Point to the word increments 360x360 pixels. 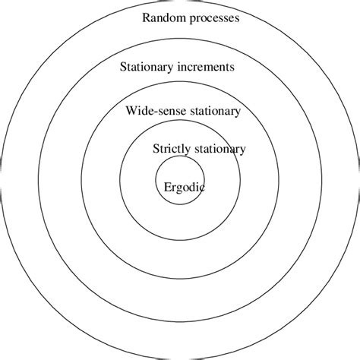206,67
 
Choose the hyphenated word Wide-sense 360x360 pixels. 153,111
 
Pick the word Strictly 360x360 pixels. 171,149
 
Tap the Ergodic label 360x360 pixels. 184,187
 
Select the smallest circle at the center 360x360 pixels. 180,199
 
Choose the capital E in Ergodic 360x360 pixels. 167,187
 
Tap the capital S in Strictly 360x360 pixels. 156,149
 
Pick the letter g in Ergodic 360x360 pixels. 179,189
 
